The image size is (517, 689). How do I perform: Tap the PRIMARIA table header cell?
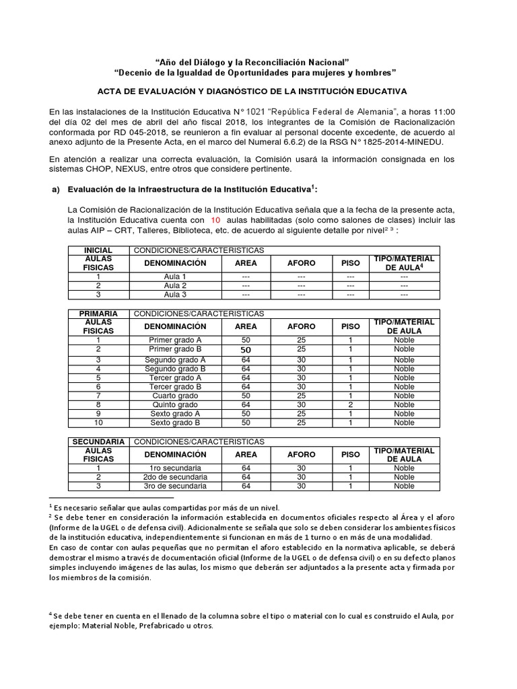pyautogui.click(x=98, y=314)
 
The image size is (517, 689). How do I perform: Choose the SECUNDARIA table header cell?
pyautogui.click(x=98, y=441)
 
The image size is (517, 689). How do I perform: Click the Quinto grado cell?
pyautogui.click(x=175, y=404)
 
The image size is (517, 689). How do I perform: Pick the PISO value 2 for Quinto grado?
pyautogui.click(x=350, y=404)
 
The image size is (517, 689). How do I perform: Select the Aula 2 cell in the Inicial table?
pyautogui.click(x=175, y=285)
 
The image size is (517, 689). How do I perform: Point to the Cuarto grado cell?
pyautogui.click(x=175, y=396)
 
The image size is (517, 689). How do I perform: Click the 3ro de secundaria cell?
pyautogui.click(x=175, y=486)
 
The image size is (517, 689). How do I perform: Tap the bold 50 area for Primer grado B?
pyautogui.click(x=246, y=350)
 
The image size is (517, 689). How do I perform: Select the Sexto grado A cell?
pyautogui.click(x=175, y=413)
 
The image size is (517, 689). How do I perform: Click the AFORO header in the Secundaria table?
pyautogui.click(x=301, y=455)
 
